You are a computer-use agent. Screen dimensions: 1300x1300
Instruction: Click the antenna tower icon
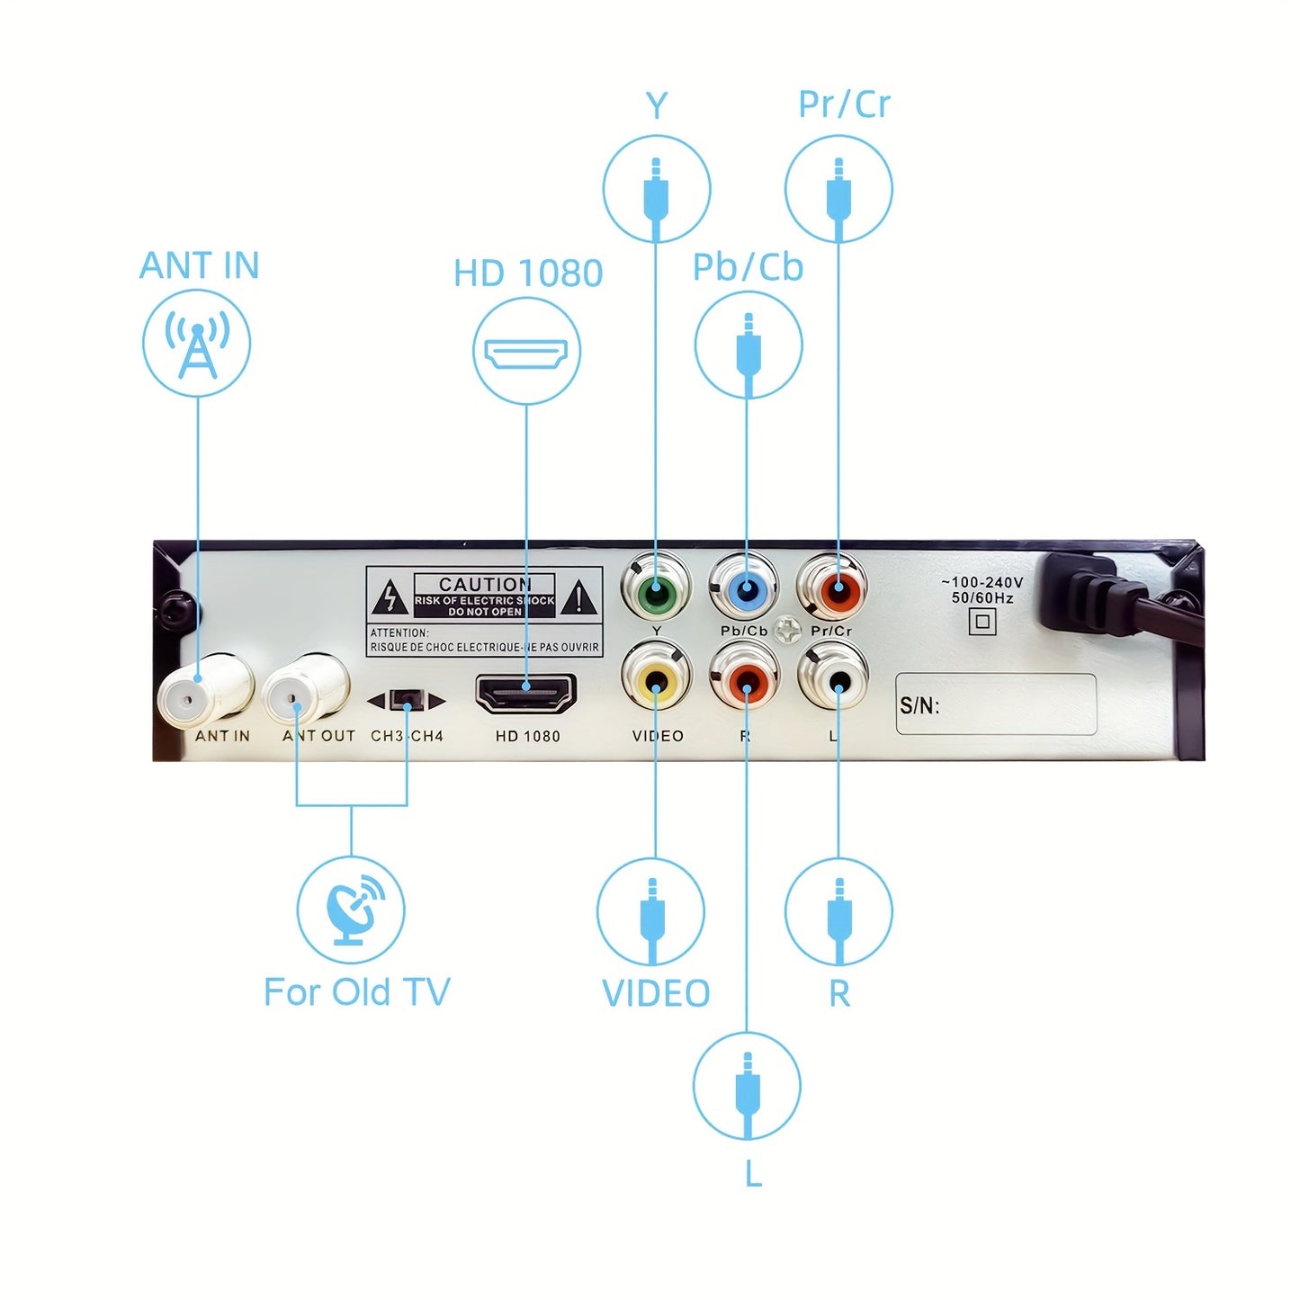point(197,344)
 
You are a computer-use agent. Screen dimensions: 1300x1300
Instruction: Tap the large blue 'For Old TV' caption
point(356,992)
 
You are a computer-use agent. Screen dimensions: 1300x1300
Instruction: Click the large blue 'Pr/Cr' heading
point(844,105)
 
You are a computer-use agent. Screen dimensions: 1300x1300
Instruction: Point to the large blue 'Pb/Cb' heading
point(748,267)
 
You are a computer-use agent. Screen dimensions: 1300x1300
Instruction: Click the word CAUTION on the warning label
point(485,584)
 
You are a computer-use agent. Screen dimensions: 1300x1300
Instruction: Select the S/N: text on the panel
point(919,706)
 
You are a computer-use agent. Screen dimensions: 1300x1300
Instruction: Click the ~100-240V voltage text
point(982,582)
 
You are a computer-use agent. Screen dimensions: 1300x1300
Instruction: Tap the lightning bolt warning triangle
point(390,597)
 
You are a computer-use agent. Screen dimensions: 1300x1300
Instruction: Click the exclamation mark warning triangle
point(578,597)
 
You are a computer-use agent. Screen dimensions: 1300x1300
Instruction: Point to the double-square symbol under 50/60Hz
point(982,621)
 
